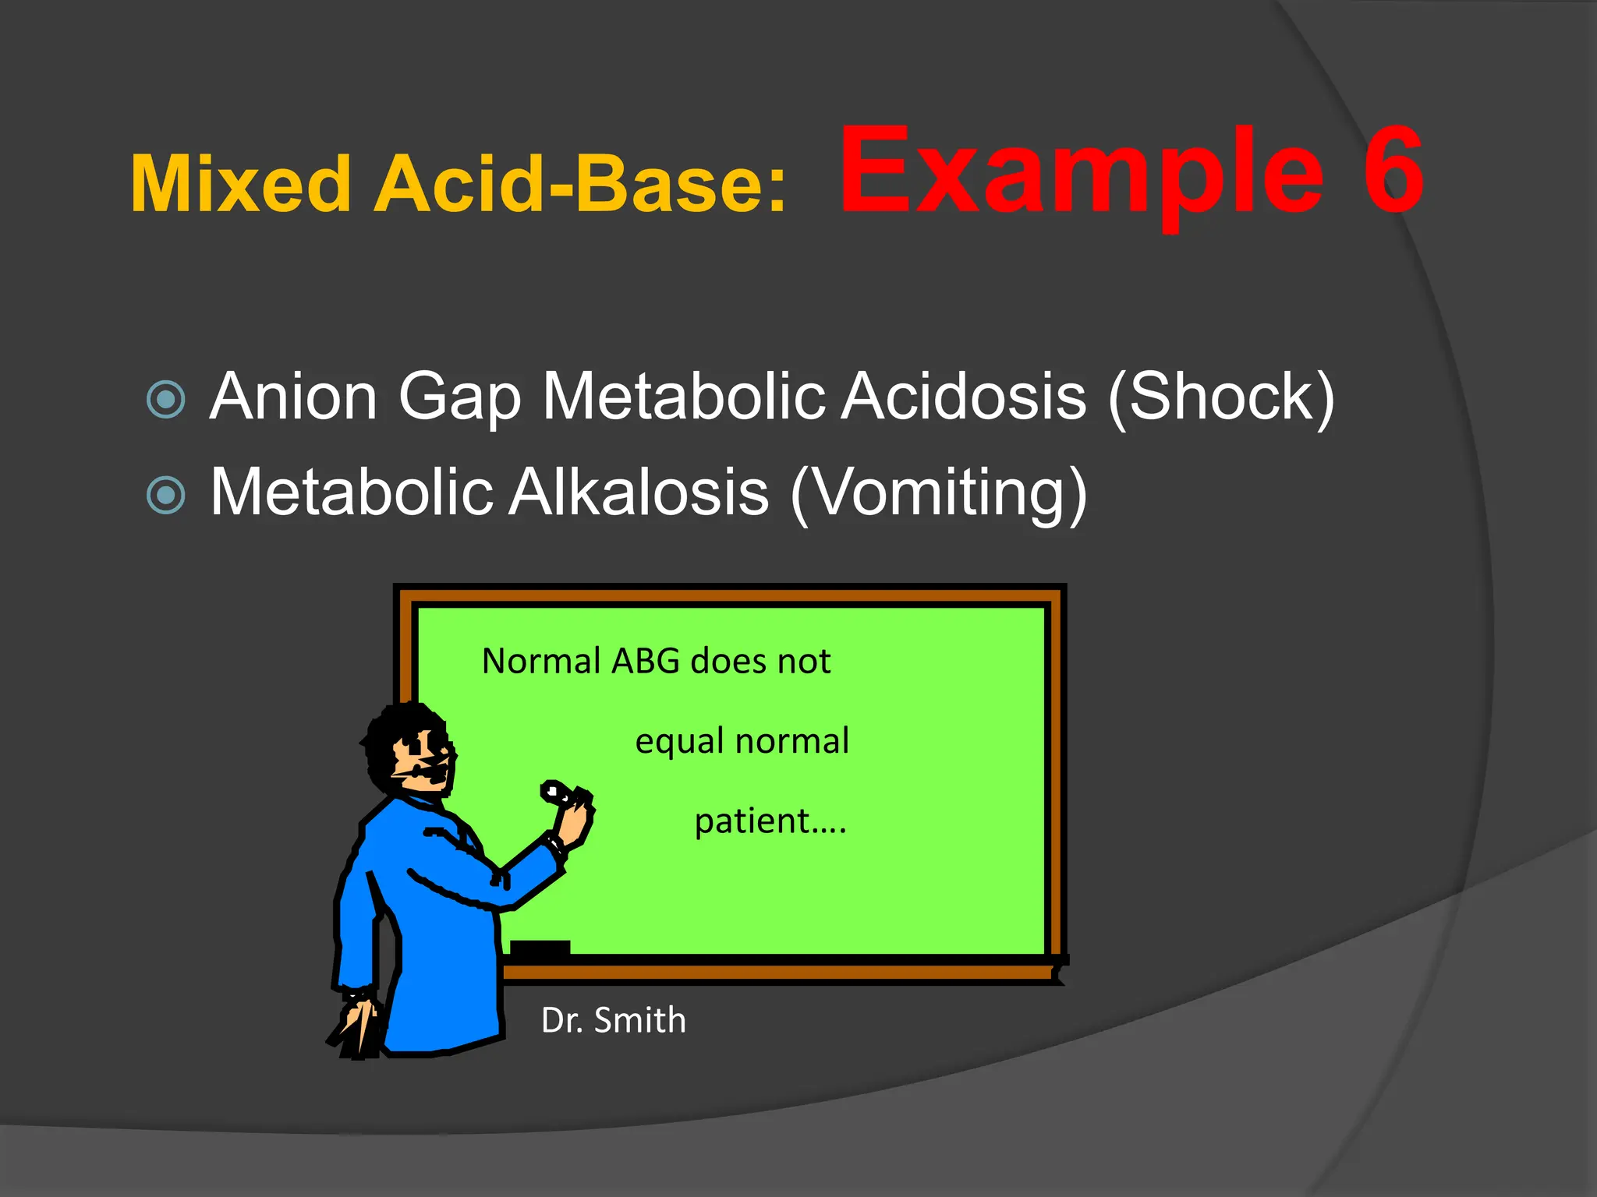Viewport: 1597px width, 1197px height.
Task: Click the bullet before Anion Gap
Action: click(166, 399)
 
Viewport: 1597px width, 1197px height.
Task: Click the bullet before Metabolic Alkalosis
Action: click(166, 495)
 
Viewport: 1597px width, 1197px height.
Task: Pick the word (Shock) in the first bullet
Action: click(1221, 397)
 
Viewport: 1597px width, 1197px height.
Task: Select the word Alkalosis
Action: click(639, 492)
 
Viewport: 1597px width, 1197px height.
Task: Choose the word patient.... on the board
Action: click(770, 821)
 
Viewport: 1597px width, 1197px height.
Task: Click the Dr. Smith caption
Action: click(614, 1020)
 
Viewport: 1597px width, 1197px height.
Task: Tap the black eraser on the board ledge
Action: click(540, 948)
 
